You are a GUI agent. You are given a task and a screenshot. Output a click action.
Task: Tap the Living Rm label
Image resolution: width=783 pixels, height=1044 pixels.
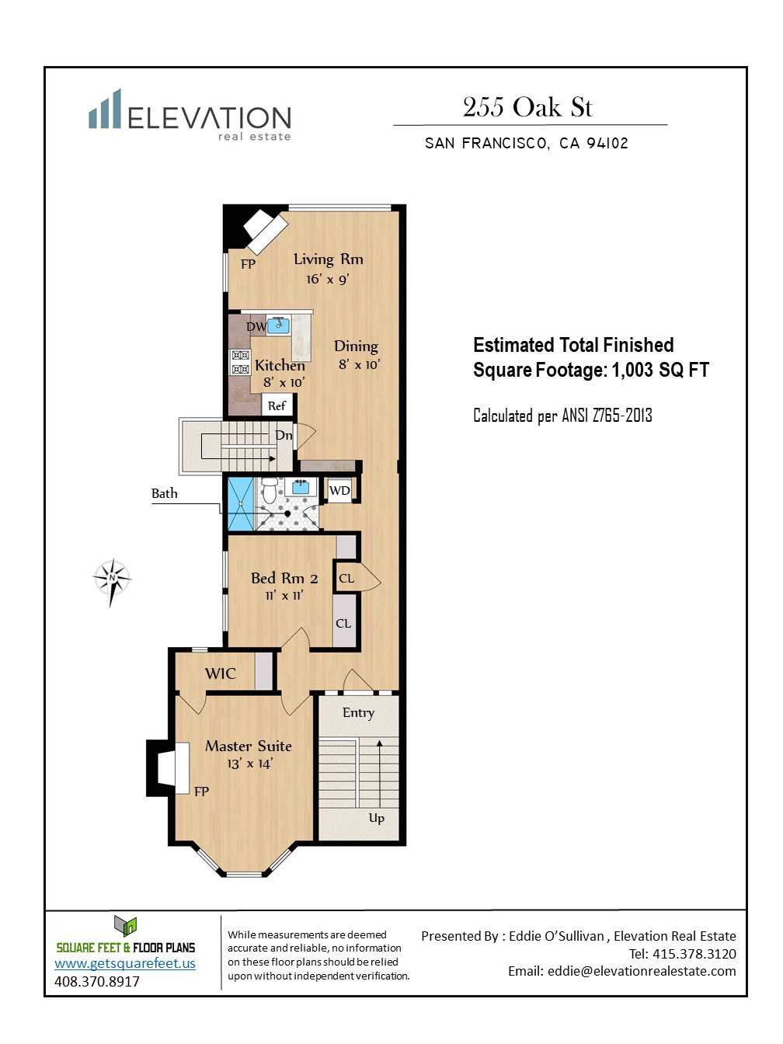click(328, 259)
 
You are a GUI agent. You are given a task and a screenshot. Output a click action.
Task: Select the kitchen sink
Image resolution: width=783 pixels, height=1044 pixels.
click(279, 325)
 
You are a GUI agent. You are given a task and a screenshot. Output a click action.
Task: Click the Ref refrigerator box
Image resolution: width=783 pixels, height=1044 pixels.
click(277, 405)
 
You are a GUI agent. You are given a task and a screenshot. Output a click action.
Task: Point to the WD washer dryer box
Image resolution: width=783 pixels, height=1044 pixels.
click(339, 490)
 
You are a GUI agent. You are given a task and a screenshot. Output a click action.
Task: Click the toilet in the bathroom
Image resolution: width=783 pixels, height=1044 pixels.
click(270, 490)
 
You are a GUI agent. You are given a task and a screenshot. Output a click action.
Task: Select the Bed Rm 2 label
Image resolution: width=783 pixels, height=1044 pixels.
click(284, 579)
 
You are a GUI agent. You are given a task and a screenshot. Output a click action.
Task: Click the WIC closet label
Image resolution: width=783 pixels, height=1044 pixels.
click(220, 673)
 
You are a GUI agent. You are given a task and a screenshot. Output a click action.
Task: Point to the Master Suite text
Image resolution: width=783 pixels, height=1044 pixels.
click(248, 746)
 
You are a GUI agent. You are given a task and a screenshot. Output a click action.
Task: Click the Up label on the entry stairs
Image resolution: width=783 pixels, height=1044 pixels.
click(376, 818)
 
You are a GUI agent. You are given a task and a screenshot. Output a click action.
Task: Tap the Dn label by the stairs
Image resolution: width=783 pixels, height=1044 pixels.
click(284, 435)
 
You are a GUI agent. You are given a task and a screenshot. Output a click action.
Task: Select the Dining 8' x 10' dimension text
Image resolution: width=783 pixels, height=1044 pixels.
click(359, 365)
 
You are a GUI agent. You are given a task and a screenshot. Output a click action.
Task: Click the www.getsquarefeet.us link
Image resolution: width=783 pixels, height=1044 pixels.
click(125, 963)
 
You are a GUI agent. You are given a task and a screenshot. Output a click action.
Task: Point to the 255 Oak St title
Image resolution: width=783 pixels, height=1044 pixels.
click(527, 106)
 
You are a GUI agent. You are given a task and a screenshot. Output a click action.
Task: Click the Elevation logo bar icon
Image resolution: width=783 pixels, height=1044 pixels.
click(105, 109)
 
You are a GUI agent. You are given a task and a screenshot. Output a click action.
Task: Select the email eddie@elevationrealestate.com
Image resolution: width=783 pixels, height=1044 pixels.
click(642, 971)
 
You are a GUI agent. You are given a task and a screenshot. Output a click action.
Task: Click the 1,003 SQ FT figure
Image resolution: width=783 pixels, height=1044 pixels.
click(660, 370)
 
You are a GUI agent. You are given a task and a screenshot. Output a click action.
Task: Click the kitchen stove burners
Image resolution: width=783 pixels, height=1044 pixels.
click(241, 363)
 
